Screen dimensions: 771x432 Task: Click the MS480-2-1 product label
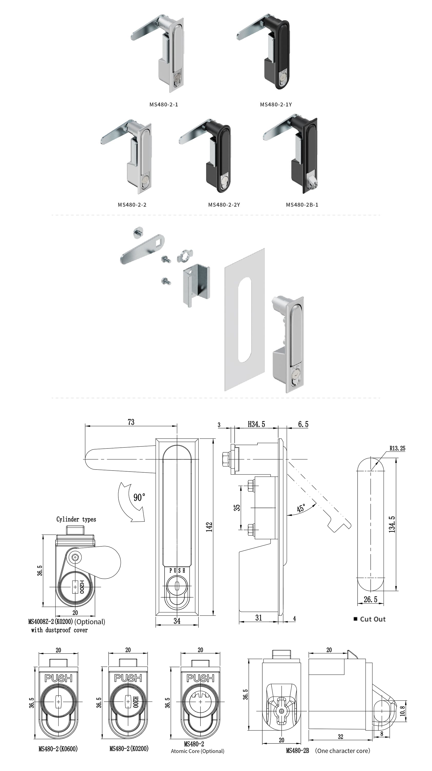click(x=164, y=104)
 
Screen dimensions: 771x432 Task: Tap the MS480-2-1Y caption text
click(x=276, y=104)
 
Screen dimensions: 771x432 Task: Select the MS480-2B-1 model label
click(x=302, y=205)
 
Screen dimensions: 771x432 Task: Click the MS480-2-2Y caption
click(x=224, y=205)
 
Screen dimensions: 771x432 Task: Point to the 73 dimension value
click(x=131, y=422)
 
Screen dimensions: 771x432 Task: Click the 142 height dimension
click(x=209, y=527)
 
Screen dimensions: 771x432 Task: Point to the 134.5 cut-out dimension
click(x=392, y=524)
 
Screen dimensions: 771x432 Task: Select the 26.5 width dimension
click(x=370, y=600)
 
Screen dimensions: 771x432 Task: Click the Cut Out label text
click(x=372, y=619)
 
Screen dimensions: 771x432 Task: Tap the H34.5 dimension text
click(x=256, y=424)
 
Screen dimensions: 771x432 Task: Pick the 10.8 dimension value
click(x=402, y=711)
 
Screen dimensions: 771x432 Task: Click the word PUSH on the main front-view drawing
click(x=177, y=571)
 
